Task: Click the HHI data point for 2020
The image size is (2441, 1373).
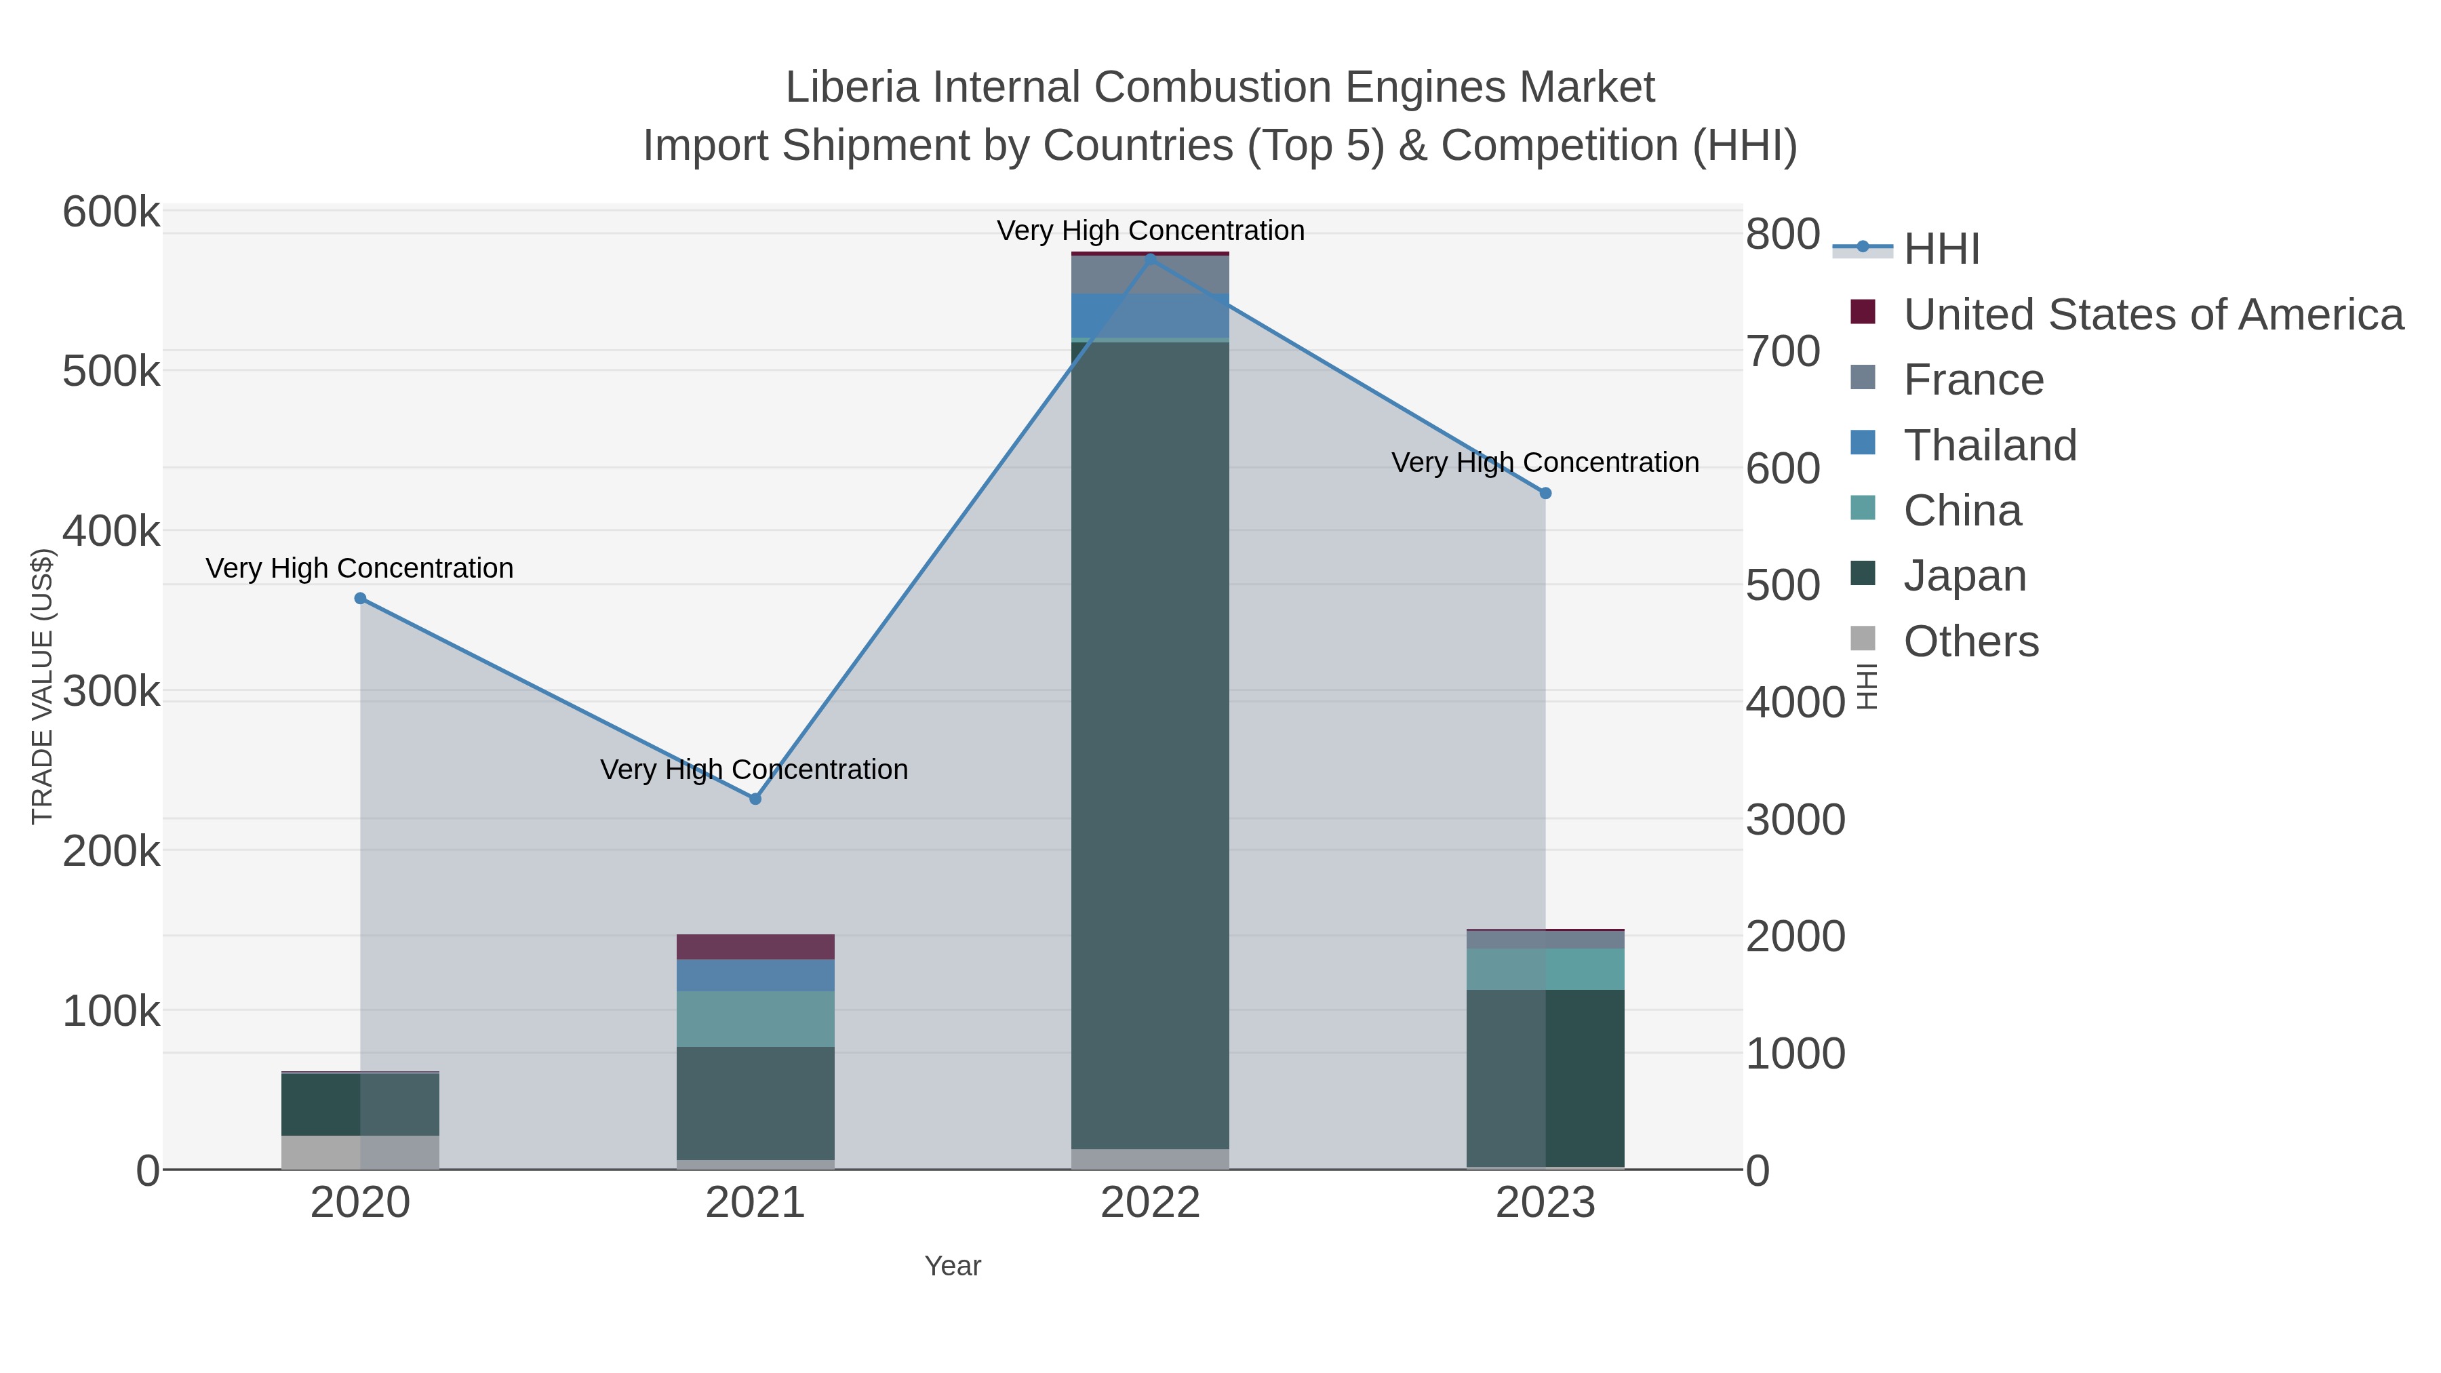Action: tap(360, 598)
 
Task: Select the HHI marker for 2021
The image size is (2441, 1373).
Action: tap(755, 799)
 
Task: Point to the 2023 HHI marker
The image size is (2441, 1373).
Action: tap(1545, 493)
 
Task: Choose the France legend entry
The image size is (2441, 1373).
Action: tap(1973, 380)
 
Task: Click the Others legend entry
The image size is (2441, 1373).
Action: tap(1971, 641)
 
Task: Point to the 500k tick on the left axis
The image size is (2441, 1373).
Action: tap(111, 372)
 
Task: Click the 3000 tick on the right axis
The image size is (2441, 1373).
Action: tap(1795, 820)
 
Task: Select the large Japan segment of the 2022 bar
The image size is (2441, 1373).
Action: tap(1151, 739)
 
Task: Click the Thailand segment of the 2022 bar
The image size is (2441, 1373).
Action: tap(1151, 315)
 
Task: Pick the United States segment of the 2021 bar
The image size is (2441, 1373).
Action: tap(755, 947)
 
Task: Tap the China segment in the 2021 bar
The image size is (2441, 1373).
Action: tap(755, 1018)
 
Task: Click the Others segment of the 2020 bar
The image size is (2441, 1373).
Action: tap(360, 1151)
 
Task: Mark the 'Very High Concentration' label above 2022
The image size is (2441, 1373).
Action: tap(1151, 231)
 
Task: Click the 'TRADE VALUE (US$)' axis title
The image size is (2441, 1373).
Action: tap(43, 686)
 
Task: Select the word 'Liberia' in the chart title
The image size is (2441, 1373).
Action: tap(852, 87)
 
